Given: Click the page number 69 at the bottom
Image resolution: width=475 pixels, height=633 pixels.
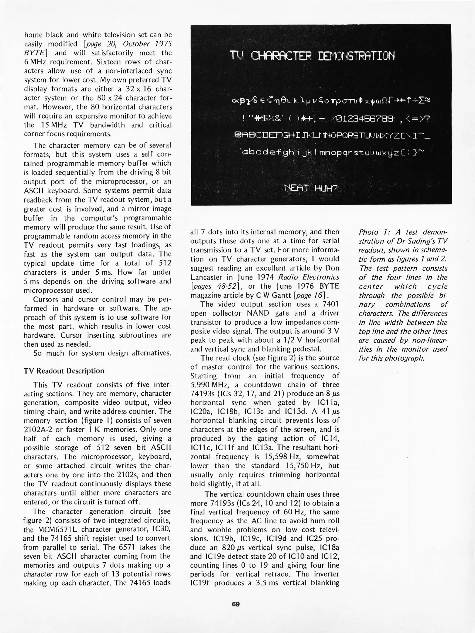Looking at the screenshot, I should tap(236, 604).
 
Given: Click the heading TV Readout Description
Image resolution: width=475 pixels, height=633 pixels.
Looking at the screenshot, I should tap(64, 371).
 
